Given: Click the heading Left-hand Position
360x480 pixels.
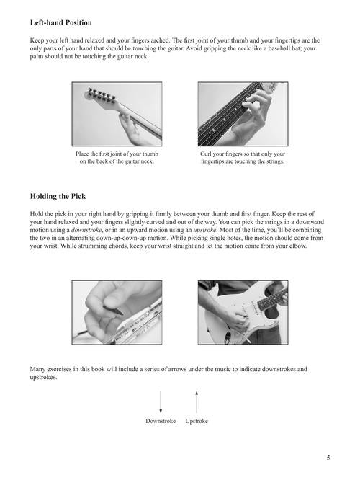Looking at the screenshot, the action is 61,22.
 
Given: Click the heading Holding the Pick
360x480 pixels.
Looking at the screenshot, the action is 58,196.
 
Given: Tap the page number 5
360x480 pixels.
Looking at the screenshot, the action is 328,458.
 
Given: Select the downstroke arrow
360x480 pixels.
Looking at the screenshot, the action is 161,401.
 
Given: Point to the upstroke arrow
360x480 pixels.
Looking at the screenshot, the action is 197,401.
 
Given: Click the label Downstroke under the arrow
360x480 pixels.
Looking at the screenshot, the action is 161,421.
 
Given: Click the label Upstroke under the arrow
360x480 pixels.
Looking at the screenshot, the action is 197,421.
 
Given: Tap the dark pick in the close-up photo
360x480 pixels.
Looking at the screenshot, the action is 113,310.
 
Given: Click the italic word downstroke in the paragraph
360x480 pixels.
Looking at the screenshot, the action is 86,230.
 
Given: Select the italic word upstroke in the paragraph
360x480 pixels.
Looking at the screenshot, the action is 205,230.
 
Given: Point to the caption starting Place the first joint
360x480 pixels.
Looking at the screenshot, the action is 117,158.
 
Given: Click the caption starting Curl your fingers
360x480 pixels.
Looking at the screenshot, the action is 243,158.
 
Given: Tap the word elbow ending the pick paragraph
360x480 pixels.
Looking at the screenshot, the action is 298,246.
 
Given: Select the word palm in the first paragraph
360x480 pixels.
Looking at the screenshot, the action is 37,57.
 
